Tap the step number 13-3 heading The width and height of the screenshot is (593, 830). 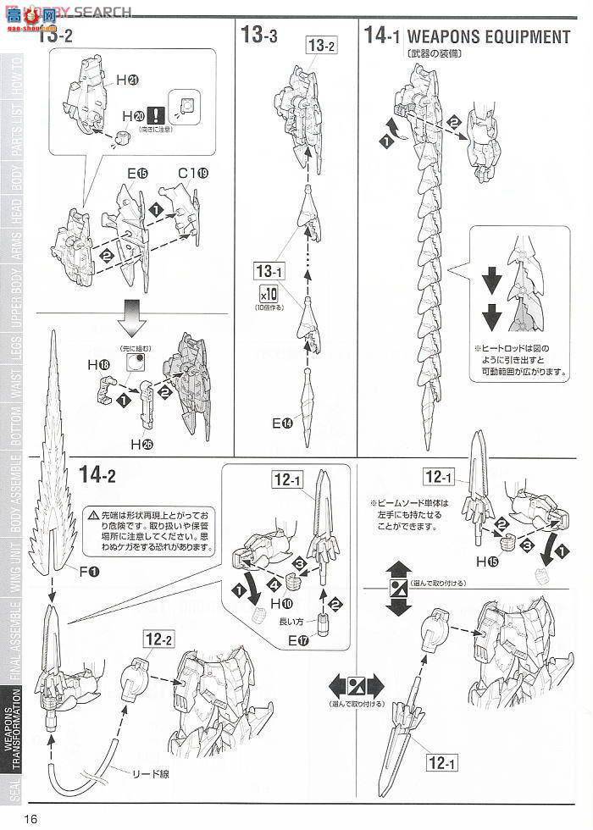(259, 36)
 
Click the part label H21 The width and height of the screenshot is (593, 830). (128, 80)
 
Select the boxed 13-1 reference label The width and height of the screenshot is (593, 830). (269, 272)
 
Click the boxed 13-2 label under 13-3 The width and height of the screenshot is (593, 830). (322, 47)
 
